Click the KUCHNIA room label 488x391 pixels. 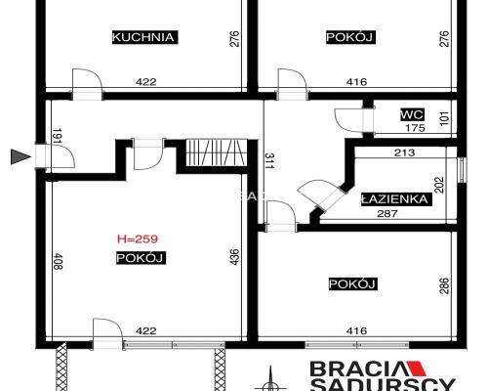(143, 38)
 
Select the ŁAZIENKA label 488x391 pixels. (395, 198)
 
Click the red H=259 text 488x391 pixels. (138, 238)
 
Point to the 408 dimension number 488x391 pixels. (57, 262)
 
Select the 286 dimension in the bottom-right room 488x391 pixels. (444, 287)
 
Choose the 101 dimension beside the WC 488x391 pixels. (444, 119)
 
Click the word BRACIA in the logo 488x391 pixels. (354, 369)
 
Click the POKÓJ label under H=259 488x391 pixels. (138, 258)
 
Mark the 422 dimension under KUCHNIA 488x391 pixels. (146, 83)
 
